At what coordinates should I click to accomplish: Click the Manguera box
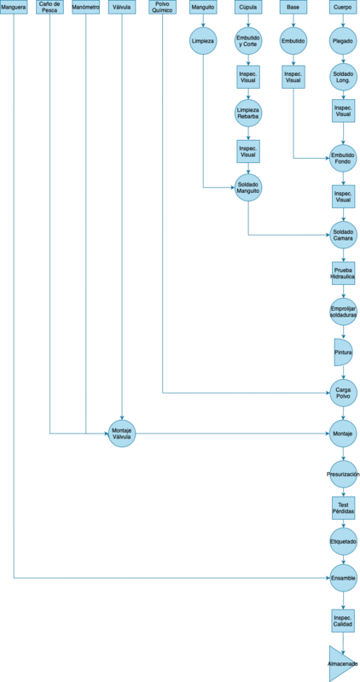pos(14,7)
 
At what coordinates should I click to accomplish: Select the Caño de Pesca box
pos(49,7)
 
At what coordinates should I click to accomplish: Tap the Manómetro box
pos(85,7)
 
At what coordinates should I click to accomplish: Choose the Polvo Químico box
pos(163,7)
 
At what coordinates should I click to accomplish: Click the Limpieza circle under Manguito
pos(203,41)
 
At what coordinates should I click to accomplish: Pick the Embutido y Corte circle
pos(248,41)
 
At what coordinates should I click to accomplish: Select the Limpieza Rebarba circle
pos(248,113)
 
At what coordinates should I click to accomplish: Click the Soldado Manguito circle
pos(248,188)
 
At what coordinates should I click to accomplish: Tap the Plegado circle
pos(344,41)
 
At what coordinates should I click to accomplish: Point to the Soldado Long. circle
pos(344,77)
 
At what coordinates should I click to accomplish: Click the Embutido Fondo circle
pos(344,158)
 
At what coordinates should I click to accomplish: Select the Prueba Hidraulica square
pos(344,273)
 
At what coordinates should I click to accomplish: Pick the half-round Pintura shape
pos(343,352)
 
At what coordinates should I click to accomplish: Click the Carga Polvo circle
pos(344,393)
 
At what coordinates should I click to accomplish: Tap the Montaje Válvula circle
pos(122,434)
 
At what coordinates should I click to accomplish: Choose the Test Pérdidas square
pos(344,508)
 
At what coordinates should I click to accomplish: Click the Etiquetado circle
pos(344,541)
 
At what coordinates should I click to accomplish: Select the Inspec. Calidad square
pos(344,621)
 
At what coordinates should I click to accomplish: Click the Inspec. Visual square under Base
pos(293,77)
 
